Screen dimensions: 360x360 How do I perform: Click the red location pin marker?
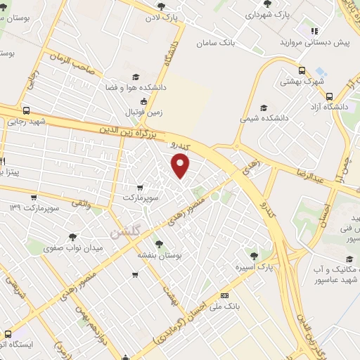pyautogui.click(x=181, y=167)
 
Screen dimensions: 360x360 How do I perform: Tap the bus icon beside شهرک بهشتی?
pyautogui.click(x=302, y=71)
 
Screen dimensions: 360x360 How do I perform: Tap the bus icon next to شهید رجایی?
pyautogui.click(x=27, y=110)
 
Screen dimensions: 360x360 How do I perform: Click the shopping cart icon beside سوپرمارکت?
pyautogui.click(x=141, y=188)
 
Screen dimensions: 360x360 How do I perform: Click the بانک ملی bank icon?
pyautogui.click(x=224, y=295)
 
